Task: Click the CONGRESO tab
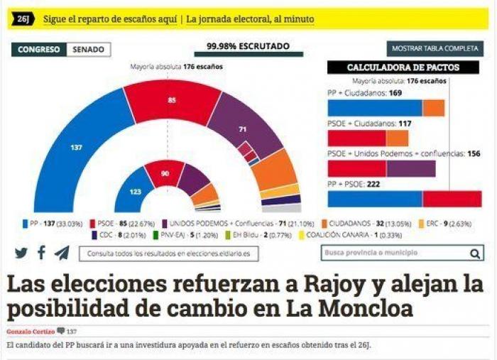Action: [39, 50]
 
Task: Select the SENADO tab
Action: [89, 50]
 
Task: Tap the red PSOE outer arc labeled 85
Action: [173, 101]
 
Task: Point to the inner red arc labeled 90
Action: [165, 173]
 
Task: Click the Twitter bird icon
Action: [21, 253]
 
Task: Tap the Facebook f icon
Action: [42, 253]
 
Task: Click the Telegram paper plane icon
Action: [62, 253]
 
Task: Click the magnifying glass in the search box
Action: [474, 253]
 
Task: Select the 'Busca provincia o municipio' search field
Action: [390, 253]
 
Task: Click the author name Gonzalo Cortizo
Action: [30, 331]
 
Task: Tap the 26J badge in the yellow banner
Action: [23, 19]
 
